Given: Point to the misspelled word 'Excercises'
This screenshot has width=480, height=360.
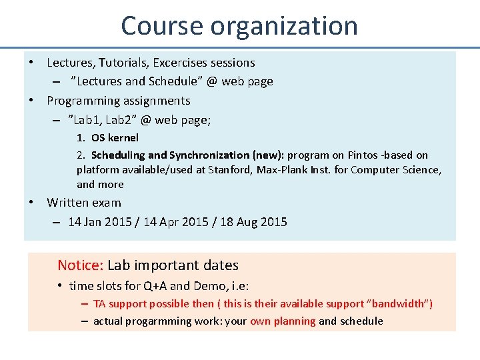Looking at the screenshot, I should click(x=180, y=63).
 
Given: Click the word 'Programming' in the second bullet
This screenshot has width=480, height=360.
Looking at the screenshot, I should click(x=83, y=101).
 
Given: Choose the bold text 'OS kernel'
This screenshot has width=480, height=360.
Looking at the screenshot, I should click(x=115, y=138).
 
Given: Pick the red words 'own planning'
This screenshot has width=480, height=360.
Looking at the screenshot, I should click(x=283, y=321).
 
